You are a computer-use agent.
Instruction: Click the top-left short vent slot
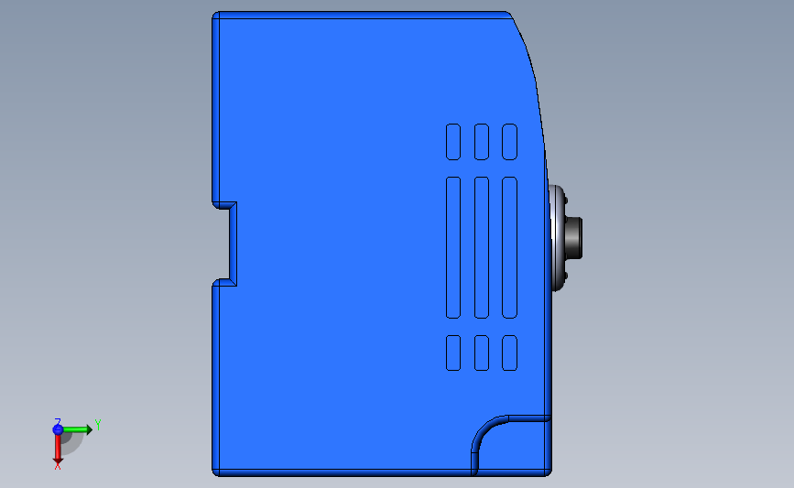[453, 142]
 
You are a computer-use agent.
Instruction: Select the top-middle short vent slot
[482, 142]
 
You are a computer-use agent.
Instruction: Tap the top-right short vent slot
[509, 142]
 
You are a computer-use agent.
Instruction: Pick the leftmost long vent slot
[453, 247]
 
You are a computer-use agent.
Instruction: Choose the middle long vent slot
[482, 247]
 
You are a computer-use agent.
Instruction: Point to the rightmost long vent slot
[509, 247]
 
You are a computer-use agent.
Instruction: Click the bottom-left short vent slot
[453, 352]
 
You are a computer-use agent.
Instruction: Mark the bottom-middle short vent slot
[482, 352]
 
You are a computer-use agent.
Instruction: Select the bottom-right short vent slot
[509, 352]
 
